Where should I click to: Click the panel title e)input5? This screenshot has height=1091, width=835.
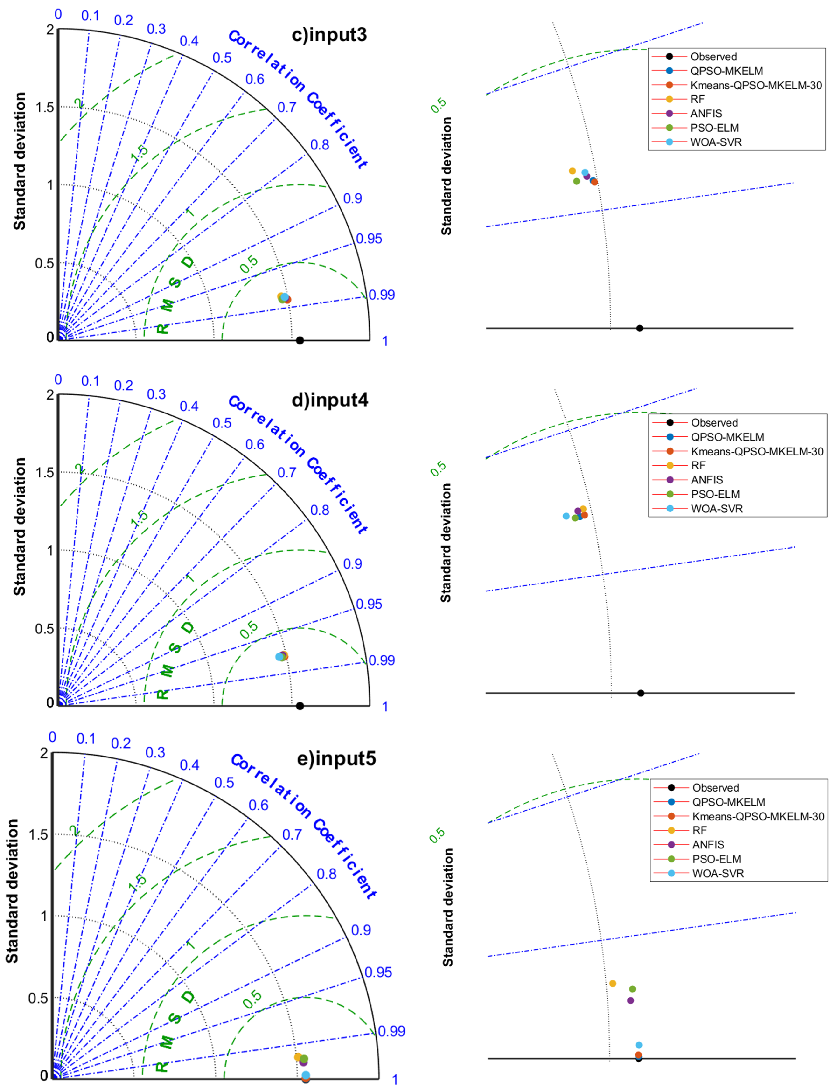(336, 759)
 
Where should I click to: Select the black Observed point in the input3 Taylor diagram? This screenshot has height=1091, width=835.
(300, 340)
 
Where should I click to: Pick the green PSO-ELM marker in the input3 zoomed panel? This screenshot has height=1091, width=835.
(576, 181)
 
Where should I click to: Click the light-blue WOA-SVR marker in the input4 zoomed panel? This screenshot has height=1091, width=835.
(566, 516)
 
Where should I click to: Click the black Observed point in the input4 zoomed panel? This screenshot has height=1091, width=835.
(641, 693)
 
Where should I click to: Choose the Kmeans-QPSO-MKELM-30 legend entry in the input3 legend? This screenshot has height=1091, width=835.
(755, 85)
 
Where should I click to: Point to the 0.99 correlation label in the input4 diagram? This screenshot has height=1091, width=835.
(382, 660)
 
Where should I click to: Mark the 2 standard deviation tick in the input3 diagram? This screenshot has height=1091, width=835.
(50, 30)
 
